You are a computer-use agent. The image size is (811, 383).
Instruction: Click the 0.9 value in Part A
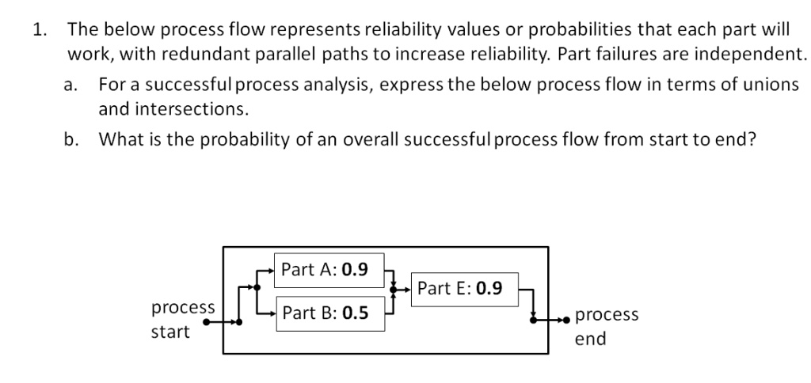354,269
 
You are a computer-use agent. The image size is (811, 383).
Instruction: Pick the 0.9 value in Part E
488,288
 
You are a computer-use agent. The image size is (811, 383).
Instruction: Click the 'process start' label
182,319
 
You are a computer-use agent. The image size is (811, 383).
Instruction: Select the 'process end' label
606,326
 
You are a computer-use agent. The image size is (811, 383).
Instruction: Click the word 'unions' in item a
771,85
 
